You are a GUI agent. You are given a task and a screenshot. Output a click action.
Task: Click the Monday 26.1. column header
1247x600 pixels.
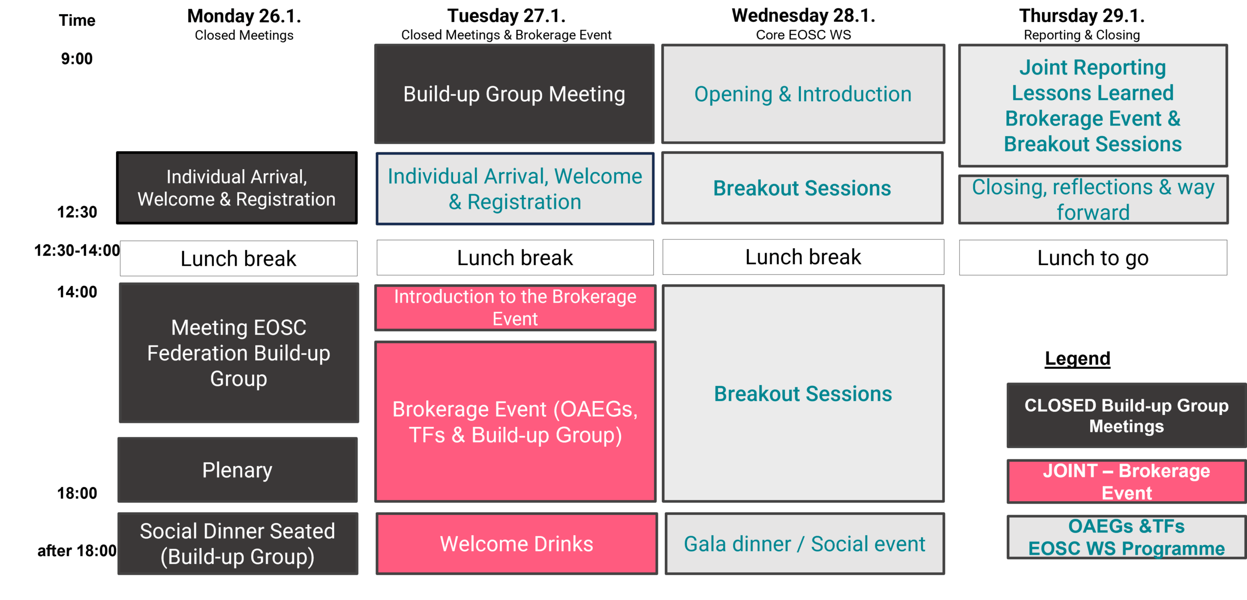click(x=244, y=17)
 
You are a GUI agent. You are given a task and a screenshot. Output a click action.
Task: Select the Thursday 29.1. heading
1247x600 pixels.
click(x=1081, y=16)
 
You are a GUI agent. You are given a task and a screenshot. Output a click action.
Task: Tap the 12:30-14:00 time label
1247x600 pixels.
click(x=77, y=251)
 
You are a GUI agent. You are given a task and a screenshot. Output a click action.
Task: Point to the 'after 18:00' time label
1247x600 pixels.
click(x=77, y=551)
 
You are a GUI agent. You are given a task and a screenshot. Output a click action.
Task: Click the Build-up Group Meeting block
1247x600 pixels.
click(x=514, y=94)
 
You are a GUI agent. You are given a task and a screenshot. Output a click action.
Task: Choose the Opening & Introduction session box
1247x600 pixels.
click(x=803, y=94)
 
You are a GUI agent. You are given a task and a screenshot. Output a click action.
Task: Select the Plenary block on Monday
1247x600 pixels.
click(x=238, y=470)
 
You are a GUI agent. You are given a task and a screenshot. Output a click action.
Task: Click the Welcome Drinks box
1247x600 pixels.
click(x=516, y=544)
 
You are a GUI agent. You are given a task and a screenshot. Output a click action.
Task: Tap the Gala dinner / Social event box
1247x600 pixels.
click(x=804, y=544)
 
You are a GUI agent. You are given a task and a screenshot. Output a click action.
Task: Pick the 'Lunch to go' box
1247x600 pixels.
click(x=1093, y=258)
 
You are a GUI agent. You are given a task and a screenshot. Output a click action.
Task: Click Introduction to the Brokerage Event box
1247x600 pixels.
click(x=515, y=308)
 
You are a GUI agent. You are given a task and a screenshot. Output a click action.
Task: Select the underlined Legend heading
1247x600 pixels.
click(x=1077, y=359)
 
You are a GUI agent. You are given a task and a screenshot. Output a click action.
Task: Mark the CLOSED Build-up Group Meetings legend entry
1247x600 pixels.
click(x=1126, y=416)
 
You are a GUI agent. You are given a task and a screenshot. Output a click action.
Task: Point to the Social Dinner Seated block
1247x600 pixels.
click(x=238, y=544)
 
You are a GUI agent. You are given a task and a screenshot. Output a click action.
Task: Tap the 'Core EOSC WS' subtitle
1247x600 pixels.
click(x=803, y=35)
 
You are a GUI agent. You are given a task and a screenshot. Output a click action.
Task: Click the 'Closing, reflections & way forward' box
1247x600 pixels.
click(x=1093, y=200)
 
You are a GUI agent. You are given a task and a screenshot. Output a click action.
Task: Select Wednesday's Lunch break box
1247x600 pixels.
click(x=803, y=257)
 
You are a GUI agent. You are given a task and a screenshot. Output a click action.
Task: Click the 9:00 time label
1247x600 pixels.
click(x=76, y=59)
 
